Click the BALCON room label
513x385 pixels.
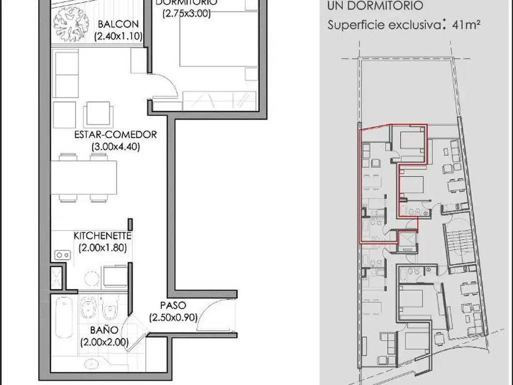click(114, 24)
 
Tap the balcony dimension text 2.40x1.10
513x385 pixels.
click(118, 36)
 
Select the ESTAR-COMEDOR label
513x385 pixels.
click(116, 134)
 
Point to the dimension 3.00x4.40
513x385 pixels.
click(116, 146)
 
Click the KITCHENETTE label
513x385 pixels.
click(102, 236)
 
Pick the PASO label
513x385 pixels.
click(173, 305)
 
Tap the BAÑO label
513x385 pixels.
click(104, 330)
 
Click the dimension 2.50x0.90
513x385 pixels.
click(173, 317)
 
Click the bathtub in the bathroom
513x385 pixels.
click(64, 317)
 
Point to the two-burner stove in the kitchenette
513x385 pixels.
click(62, 255)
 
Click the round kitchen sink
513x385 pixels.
click(92, 279)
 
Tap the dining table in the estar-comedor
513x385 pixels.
click(84, 177)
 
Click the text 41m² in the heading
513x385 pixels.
click(466, 25)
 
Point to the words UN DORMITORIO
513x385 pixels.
click(375, 6)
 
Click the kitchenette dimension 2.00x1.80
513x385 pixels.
click(102, 248)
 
